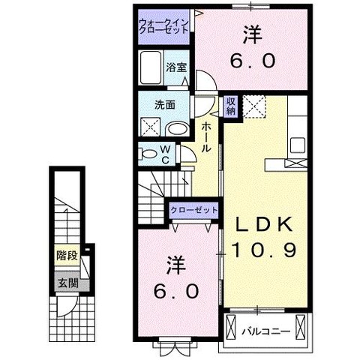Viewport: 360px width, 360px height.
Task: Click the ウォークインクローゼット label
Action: click(x=163, y=28)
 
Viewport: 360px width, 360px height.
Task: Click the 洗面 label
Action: click(x=165, y=105)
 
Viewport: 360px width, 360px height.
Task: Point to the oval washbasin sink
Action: click(x=175, y=129)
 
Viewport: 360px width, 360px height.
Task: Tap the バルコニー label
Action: click(x=267, y=328)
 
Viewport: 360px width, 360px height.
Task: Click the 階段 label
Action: click(x=67, y=256)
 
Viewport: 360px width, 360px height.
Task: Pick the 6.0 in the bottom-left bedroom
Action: click(x=176, y=290)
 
